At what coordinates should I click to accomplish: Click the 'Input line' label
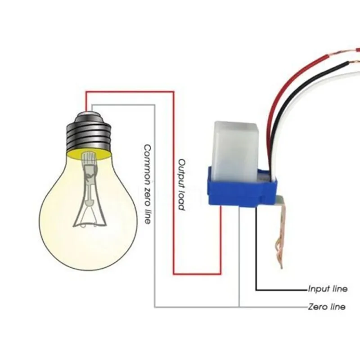coord(328,289)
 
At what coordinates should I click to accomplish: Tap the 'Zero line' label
coord(327,307)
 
